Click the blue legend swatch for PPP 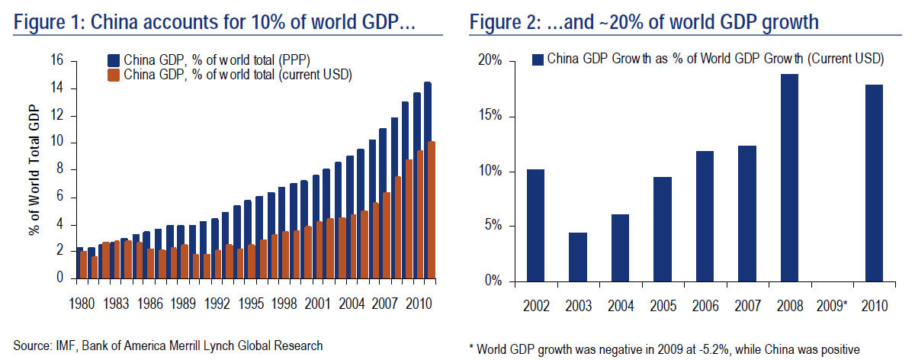click(x=113, y=60)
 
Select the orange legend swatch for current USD click(x=113, y=74)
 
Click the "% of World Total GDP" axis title click(x=35, y=170)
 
